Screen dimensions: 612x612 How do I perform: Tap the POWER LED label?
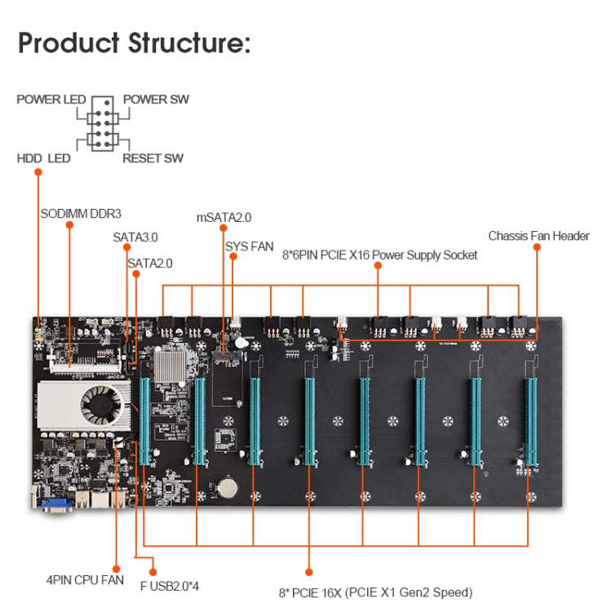click(x=51, y=100)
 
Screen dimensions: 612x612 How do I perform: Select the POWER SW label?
click(x=156, y=100)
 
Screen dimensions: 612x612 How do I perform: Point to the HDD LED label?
click(x=44, y=157)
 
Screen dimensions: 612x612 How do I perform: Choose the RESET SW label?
click(x=153, y=157)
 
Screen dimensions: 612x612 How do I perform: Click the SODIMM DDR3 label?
click(x=81, y=214)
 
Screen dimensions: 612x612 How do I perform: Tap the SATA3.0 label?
click(x=135, y=237)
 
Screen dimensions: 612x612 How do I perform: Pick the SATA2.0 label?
click(x=150, y=263)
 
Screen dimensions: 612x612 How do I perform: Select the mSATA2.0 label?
click(x=224, y=218)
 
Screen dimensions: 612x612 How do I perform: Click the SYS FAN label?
click(x=250, y=245)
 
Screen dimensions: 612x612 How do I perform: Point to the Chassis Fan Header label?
click(x=539, y=236)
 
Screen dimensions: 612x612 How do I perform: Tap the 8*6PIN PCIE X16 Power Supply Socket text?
click(x=380, y=255)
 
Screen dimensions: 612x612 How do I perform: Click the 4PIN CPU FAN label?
click(x=85, y=580)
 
